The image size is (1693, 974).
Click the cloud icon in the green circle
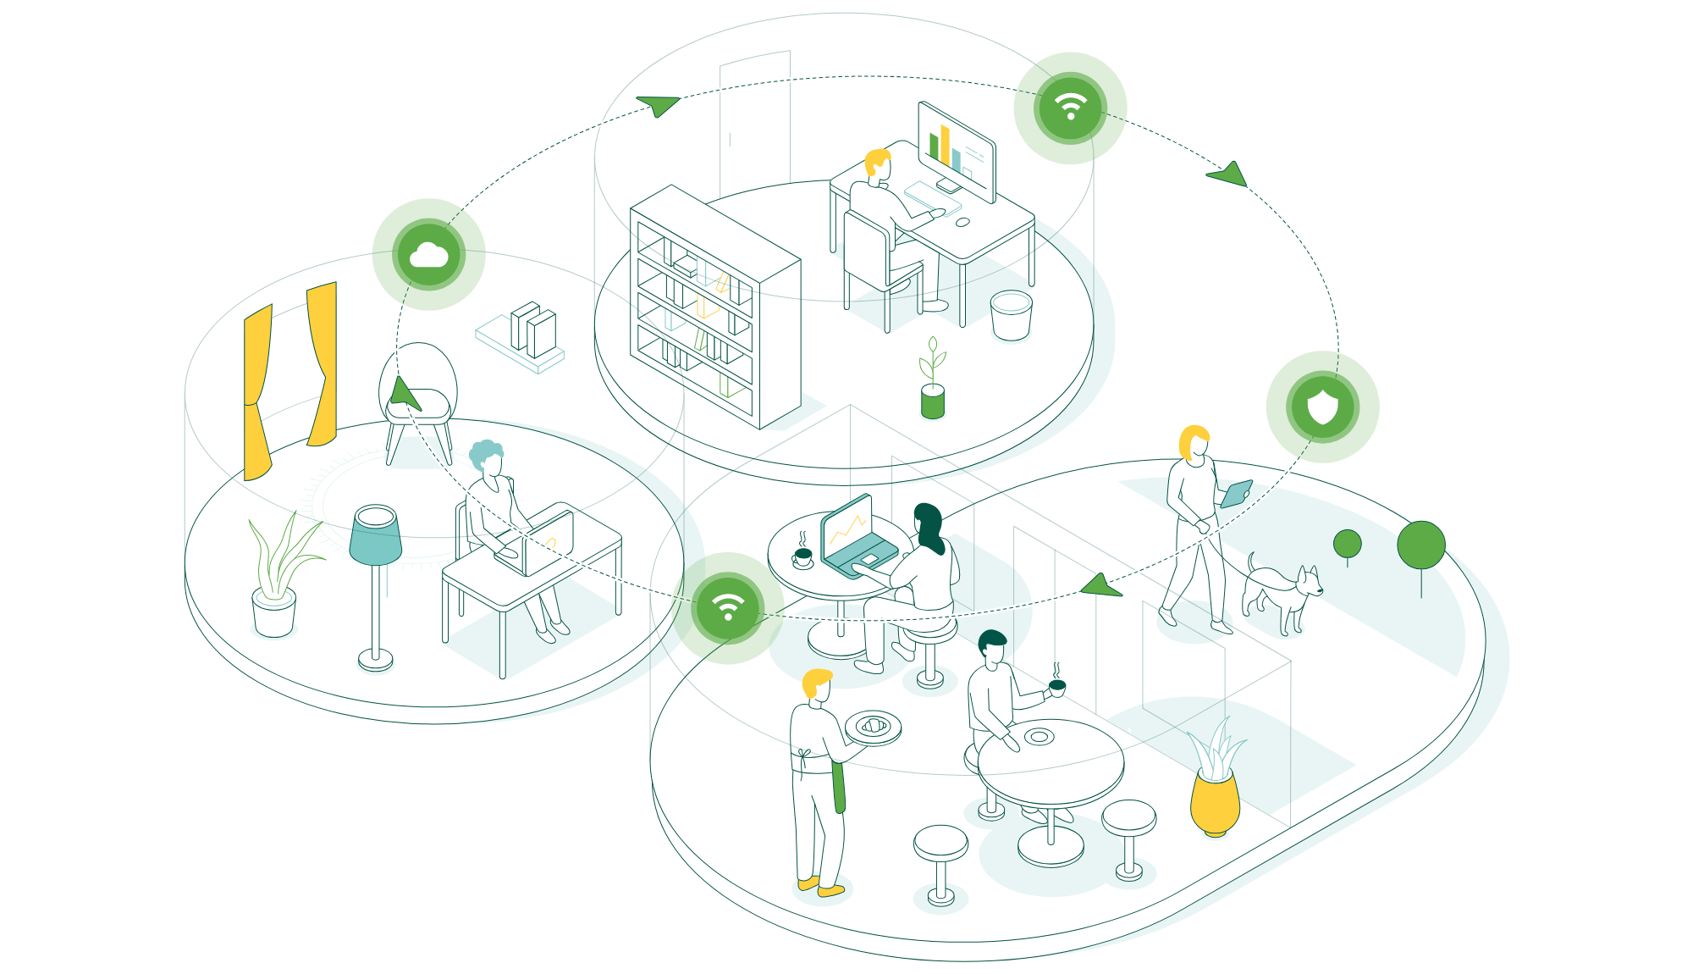point(428,255)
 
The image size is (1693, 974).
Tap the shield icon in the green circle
point(1322,407)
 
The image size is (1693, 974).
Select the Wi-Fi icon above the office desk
point(1071,108)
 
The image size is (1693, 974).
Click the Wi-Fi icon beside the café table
point(728,606)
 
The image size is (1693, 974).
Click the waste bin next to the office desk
point(1011,314)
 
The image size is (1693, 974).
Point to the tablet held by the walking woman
point(1237,493)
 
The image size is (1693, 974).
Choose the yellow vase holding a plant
point(1215,800)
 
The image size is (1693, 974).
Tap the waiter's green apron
point(838,784)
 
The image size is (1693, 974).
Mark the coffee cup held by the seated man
point(1056,687)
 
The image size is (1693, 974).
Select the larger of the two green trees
point(1420,545)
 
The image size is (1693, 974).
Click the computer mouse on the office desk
point(962,222)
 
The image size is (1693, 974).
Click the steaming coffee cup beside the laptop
point(802,556)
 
